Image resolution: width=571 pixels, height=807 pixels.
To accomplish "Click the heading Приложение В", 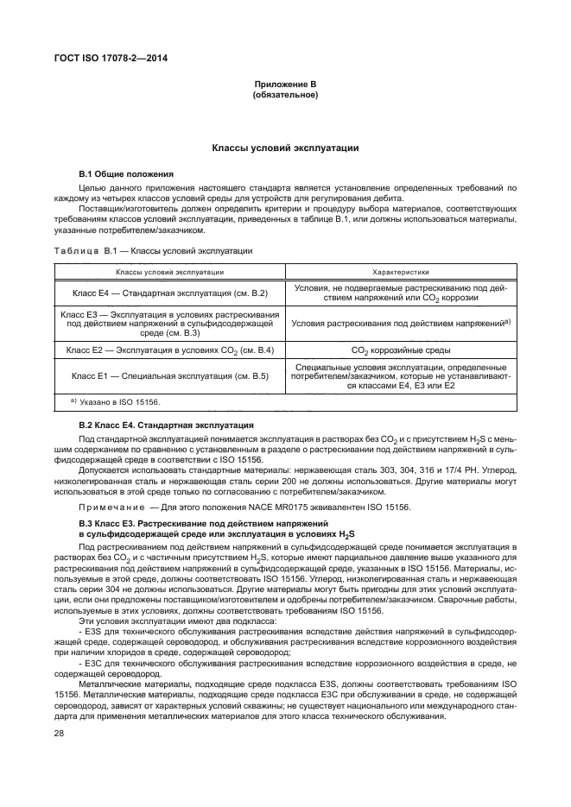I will [x=285, y=85].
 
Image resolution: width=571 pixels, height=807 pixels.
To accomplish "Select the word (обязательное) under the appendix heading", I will [x=285, y=95].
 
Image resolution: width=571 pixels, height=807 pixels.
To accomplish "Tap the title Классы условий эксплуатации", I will [x=285, y=148].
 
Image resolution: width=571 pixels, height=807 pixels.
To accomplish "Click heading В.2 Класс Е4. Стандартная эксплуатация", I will [x=166, y=426].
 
